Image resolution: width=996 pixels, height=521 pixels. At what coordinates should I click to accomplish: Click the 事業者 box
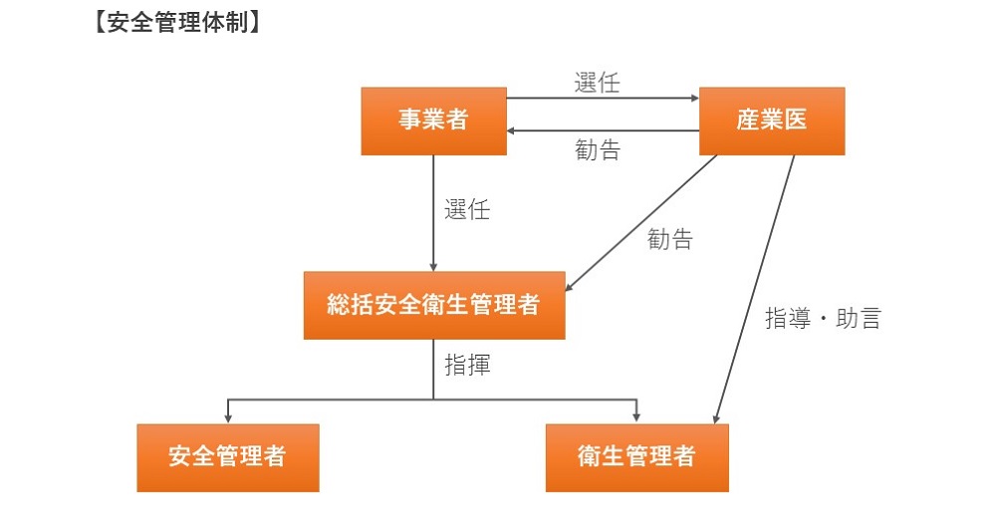(433, 121)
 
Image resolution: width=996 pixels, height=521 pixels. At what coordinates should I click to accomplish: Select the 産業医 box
(772, 121)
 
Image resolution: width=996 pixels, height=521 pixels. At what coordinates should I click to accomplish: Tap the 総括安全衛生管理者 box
(434, 305)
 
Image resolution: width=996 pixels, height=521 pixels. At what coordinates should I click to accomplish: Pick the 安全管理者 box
(228, 457)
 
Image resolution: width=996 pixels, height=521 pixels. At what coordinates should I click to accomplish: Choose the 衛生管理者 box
(636, 457)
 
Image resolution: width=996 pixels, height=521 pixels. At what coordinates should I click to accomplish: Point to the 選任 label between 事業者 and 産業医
(597, 83)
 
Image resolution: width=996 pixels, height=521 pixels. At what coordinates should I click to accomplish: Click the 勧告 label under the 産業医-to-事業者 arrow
(597, 150)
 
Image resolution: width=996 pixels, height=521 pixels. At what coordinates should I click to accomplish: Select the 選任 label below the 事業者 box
(466, 210)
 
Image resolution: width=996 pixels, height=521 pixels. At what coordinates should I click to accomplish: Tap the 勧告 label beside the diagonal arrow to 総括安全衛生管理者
(669, 239)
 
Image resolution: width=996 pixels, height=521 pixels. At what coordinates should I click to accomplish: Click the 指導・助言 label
(822, 319)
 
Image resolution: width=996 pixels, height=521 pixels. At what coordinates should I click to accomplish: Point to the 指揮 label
(466, 365)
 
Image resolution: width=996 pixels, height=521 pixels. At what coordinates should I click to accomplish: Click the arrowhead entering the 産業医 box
(694, 99)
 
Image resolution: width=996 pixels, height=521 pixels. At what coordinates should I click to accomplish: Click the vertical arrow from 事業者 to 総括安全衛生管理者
(433, 214)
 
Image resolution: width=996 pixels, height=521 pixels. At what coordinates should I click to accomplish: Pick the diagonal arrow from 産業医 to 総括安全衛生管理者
(642, 223)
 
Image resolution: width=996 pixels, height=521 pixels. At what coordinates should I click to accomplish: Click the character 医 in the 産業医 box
(796, 121)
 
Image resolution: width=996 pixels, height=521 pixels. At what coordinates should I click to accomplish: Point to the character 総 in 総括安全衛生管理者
(338, 305)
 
